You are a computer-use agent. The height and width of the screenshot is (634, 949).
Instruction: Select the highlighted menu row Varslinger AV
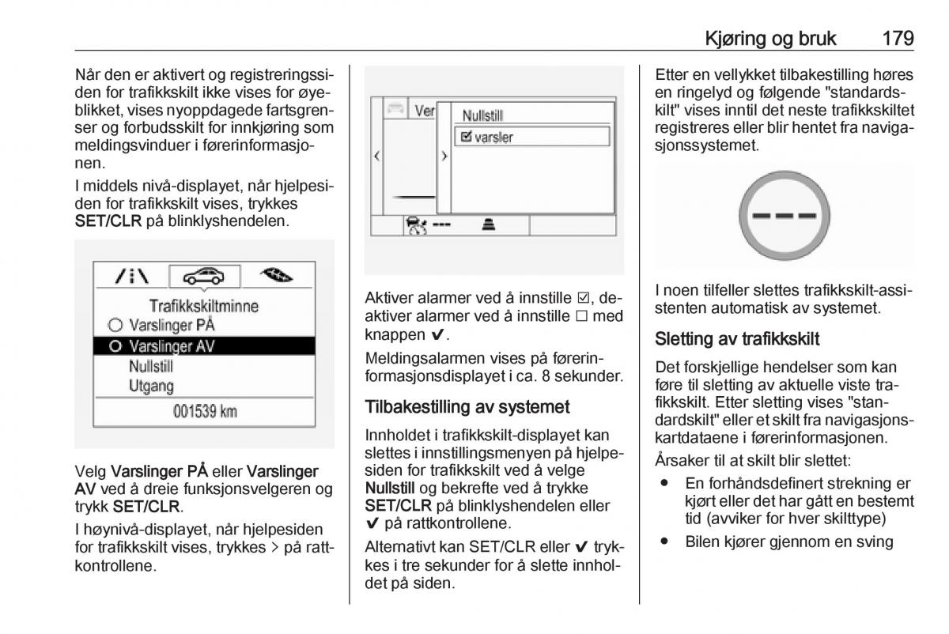tap(204, 346)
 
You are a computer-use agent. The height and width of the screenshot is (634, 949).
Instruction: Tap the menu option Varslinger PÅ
tap(172, 325)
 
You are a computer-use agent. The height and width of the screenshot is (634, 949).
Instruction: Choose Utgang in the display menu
tap(153, 386)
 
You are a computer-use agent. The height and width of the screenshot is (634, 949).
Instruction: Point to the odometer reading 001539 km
tap(204, 412)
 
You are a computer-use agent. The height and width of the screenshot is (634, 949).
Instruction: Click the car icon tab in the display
tap(204, 276)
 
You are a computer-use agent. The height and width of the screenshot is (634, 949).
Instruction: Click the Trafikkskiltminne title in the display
tap(204, 305)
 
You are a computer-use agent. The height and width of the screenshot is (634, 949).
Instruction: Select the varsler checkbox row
tap(531, 137)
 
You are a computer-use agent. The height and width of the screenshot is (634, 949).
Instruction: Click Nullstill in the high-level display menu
tap(484, 115)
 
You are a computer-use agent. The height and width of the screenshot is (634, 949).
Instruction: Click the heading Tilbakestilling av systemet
tap(467, 408)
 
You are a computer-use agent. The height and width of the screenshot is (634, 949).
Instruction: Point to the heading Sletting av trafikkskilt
tap(737, 339)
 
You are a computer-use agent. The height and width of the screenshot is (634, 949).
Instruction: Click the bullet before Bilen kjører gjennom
tap(666, 542)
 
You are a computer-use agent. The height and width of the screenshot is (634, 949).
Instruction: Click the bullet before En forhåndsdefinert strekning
tap(666, 483)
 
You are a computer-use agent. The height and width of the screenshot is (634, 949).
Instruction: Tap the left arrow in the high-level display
tap(376, 156)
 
